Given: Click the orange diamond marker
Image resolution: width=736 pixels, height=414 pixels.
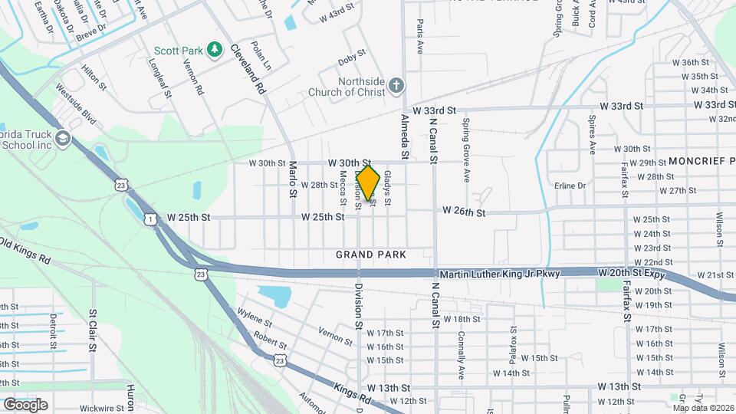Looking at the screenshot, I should pyautogui.click(x=369, y=183).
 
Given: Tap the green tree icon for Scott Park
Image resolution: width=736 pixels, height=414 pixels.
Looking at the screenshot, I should pyautogui.click(x=215, y=51).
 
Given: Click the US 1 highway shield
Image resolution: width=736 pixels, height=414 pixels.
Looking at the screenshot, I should pyautogui.click(x=150, y=220).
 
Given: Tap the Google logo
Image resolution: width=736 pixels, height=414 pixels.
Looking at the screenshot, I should pyautogui.click(x=25, y=404).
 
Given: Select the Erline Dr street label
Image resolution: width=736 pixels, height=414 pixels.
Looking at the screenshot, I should pyautogui.click(x=570, y=186).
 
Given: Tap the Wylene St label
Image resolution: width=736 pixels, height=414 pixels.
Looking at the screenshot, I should pyautogui.click(x=255, y=317).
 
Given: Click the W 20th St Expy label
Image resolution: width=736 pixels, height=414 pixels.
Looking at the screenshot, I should pyautogui.click(x=630, y=273).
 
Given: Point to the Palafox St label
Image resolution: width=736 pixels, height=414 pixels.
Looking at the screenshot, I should pyautogui.click(x=514, y=340).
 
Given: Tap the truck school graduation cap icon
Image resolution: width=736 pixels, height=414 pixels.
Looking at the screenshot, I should pyautogui.click(x=62, y=139).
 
